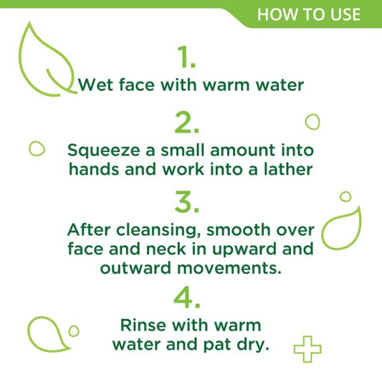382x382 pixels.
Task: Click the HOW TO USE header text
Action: point(309,14)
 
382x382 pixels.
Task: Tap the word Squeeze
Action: point(103,151)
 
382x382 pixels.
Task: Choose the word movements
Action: point(229,269)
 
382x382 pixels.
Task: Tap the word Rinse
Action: point(143,325)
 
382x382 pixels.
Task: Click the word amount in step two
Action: point(243,151)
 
